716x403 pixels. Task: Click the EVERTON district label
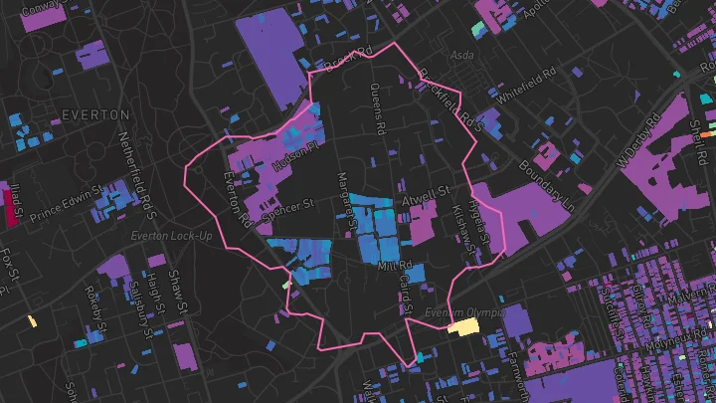tap(96, 114)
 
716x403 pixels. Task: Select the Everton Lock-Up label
tap(170, 236)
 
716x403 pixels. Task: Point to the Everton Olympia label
tap(472, 312)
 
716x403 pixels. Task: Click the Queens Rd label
tap(377, 108)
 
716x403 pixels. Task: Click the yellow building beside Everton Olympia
tap(463, 326)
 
